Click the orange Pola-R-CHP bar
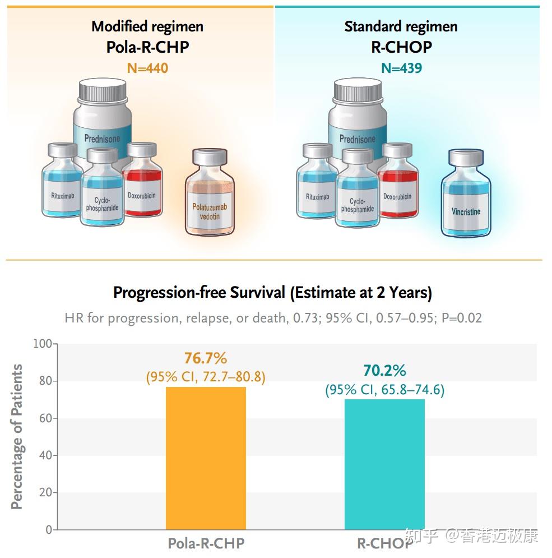[x=206, y=458]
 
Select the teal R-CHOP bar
[x=384, y=464]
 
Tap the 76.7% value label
[x=206, y=358]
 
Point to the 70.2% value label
[x=384, y=371]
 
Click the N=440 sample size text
[x=147, y=68]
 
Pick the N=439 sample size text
[x=401, y=68]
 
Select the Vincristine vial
[x=466, y=193]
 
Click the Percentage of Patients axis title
[x=18, y=436]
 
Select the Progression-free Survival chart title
[x=272, y=292]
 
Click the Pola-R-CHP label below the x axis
[x=206, y=543]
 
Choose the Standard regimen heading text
[x=401, y=26]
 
